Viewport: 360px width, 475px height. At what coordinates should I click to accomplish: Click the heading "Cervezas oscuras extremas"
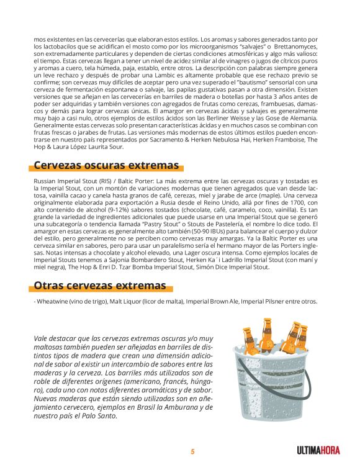[106, 165]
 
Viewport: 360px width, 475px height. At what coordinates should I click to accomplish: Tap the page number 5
[192, 452]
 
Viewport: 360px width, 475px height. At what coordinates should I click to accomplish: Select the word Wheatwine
[55, 302]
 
